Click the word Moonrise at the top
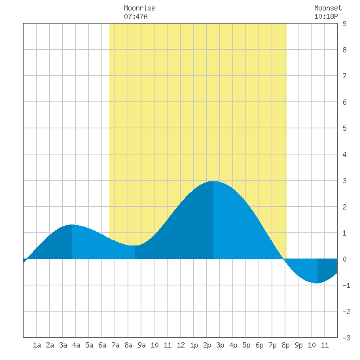tap(139, 8)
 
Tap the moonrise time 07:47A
tap(135, 16)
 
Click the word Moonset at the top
tap(328, 8)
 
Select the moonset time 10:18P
tap(326, 16)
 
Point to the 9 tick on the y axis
tap(344, 24)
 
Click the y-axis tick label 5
tap(344, 128)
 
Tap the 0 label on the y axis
tap(344, 259)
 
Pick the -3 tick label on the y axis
tap(346, 338)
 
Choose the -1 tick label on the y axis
tap(346, 285)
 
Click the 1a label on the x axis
tap(37, 345)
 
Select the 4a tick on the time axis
tap(76, 345)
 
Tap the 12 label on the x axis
tap(181, 345)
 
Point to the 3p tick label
tap(220, 345)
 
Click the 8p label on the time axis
tap(285, 345)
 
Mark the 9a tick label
tap(141, 345)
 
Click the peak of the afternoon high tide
tap(213, 181)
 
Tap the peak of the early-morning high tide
tap(72, 225)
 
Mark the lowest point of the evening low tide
tap(317, 283)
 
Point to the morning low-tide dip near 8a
tap(135, 245)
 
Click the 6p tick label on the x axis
tap(259, 345)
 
